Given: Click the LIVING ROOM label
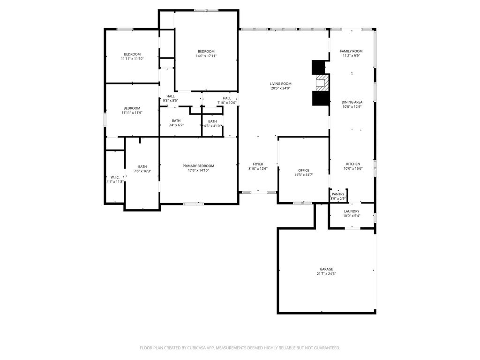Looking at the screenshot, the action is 280,83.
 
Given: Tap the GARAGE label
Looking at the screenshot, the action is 326,270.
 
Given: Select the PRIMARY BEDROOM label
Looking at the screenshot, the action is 198,166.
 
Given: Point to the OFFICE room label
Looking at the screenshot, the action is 304,170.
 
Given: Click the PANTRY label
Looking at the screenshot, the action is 338,194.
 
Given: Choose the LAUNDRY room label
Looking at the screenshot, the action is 352,211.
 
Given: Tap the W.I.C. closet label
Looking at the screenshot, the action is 115,177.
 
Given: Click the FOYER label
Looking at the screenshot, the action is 258,164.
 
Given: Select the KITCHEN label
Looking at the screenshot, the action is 353,164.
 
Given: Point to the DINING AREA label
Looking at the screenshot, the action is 352,102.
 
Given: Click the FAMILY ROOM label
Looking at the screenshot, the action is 351,51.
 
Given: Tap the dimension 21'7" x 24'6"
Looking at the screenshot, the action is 326,274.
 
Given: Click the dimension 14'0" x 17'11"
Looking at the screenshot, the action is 206,56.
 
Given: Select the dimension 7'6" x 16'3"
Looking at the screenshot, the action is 142,171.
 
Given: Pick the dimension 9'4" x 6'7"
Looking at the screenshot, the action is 176,125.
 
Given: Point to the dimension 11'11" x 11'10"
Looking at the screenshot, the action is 132,59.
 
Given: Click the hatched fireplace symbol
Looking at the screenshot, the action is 322,82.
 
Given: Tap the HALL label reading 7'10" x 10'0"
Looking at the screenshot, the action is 227,100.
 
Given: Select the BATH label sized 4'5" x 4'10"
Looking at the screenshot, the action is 212,123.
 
